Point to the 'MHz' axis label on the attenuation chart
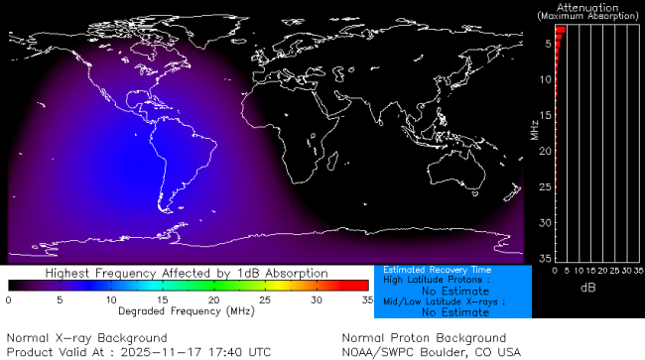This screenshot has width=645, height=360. (534, 128)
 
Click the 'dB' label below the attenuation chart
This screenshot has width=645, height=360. (587, 287)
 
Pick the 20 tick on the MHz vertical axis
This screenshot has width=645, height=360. (545, 151)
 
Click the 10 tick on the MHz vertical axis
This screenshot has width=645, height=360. (545, 79)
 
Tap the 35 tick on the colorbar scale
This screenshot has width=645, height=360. (366, 300)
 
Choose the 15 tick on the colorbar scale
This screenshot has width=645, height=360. (161, 300)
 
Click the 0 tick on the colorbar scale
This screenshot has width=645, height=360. (8, 300)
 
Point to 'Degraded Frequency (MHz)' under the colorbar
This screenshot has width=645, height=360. (187, 310)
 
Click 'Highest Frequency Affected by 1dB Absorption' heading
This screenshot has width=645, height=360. (187, 272)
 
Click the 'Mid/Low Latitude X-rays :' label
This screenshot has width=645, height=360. (437, 301)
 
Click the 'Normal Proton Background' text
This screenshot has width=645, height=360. (424, 338)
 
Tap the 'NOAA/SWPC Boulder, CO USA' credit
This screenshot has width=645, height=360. (431, 352)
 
